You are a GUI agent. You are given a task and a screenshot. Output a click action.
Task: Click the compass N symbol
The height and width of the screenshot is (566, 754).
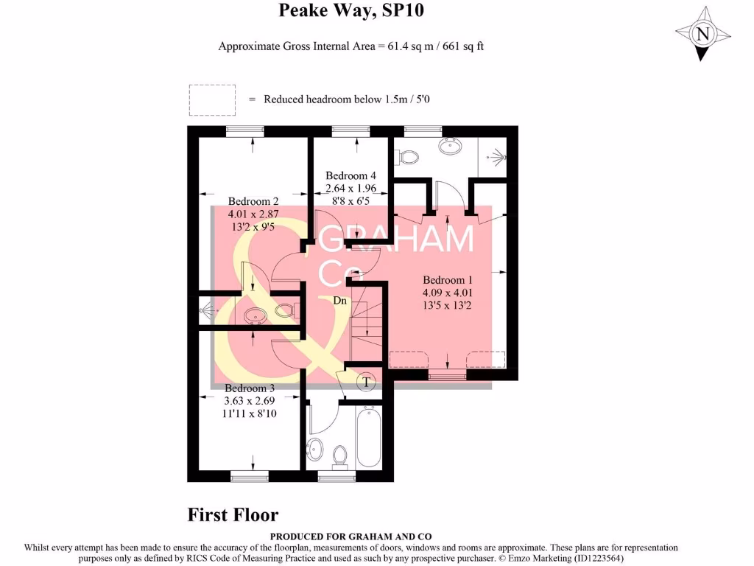click(703, 33)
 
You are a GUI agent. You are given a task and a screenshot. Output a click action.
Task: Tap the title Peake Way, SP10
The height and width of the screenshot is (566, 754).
click(351, 11)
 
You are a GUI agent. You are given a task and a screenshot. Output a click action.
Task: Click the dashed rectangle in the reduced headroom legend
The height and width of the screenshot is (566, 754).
click(212, 99)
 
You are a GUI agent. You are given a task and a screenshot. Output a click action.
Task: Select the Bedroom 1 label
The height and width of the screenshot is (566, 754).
click(447, 280)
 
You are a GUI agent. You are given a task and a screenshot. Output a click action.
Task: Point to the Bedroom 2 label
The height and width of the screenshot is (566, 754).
click(253, 201)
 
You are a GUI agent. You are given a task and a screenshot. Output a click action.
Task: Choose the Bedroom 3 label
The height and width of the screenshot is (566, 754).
click(250, 388)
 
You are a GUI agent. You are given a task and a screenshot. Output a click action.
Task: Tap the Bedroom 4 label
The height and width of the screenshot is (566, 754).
click(351, 175)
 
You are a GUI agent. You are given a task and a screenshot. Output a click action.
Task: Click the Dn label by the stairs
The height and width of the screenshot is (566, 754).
click(340, 300)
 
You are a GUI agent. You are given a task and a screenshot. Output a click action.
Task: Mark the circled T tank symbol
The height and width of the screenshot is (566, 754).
click(366, 382)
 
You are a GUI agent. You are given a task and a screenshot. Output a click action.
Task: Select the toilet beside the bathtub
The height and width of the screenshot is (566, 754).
click(340, 456)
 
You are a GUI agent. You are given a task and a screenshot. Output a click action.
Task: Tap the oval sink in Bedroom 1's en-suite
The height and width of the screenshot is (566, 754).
click(450, 146)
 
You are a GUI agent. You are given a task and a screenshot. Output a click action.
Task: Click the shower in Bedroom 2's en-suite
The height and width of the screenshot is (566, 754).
click(208, 312)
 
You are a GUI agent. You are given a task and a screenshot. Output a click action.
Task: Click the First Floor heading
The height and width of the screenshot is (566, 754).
click(233, 514)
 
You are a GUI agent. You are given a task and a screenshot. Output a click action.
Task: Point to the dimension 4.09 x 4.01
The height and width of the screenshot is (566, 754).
click(447, 293)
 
